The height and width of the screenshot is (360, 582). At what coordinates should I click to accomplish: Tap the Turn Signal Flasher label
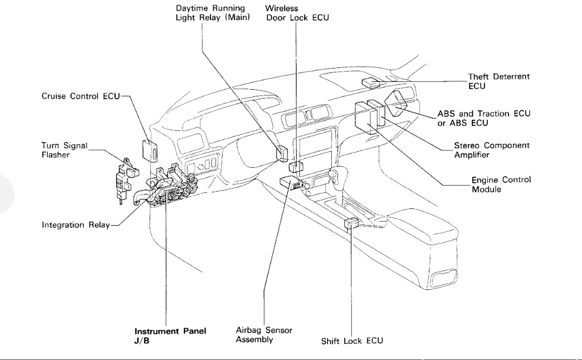click(x=64, y=150)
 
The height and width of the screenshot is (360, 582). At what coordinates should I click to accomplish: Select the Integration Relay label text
click(x=76, y=226)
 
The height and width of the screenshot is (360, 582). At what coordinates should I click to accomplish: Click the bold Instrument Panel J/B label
click(x=170, y=335)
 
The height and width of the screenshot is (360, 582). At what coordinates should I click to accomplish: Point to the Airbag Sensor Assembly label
click(x=263, y=335)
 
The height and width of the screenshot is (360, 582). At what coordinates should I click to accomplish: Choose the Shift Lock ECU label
click(x=352, y=341)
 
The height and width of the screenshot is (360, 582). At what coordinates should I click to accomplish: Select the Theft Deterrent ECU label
click(x=499, y=81)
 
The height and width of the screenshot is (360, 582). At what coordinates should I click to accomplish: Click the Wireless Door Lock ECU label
click(x=297, y=13)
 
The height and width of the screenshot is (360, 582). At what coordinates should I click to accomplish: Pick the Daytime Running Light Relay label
click(x=212, y=13)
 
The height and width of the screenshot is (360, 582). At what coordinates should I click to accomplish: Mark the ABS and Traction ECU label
click(x=483, y=118)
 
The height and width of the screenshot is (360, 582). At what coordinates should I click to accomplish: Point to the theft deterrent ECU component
click(x=370, y=83)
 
